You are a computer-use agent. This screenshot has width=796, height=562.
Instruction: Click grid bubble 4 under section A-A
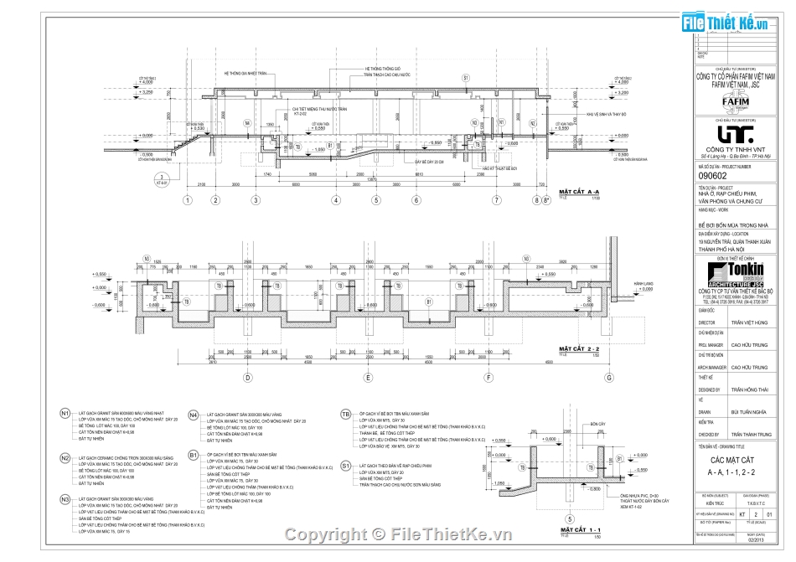click(x=335, y=200)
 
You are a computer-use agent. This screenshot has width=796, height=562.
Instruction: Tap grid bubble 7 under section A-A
click(x=497, y=200)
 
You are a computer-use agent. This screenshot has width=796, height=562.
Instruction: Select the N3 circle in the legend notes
click(x=65, y=499)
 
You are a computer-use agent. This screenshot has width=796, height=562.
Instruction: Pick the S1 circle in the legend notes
click(x=346, y=463)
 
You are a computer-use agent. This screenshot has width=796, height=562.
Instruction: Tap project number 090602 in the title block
click(x=712, y=175)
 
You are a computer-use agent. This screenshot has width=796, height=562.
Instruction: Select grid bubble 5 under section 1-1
click(x=569, y=517)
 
